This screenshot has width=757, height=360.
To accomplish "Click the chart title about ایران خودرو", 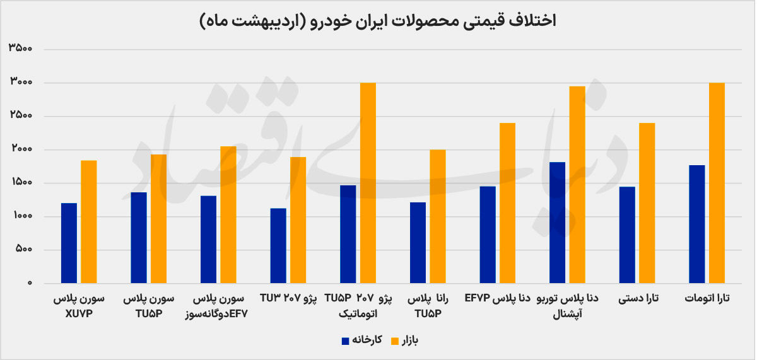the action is click(x=378, y=21).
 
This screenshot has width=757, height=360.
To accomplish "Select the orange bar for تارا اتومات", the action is click(x=717, y=183).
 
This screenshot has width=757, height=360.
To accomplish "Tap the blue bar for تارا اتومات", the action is click(x=697, y=224).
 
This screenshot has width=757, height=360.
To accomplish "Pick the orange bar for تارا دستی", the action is click(x=647, y=203).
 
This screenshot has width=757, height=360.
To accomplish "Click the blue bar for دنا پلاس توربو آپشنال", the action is click(x=557, y=223).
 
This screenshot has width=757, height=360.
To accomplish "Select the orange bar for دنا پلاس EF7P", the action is click(x=507, y=203).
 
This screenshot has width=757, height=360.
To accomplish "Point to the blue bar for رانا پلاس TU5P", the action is click(x=418, y=243).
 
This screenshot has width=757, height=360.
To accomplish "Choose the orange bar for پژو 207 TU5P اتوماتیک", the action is click(x=368, y=183).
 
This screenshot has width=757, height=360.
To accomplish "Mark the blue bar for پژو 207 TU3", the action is click(x=278, y=245).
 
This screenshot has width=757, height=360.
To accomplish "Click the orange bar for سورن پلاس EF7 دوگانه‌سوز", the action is click(x=228, y=214).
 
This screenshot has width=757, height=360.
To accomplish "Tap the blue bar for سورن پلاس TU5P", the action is click(x=139, y=238).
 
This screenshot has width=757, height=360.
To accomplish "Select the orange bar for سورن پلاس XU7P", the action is click(x=88, y=221).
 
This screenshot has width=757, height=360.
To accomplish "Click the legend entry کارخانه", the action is click(x=362, y=340).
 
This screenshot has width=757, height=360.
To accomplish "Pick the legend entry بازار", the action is click(x=404, y=340).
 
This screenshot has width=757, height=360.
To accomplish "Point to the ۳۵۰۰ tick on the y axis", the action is click(x=21, y=48).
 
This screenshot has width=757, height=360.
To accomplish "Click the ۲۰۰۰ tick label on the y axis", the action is click(x=21, y=148).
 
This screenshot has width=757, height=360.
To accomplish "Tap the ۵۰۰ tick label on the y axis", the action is click(x=24, y=249).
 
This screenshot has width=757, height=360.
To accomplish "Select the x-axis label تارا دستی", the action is click(x=638, y=299).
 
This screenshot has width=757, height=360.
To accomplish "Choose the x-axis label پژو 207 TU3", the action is click(x=288, y=299).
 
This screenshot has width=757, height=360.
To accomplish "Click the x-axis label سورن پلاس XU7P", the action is click(x=79, y=306).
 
